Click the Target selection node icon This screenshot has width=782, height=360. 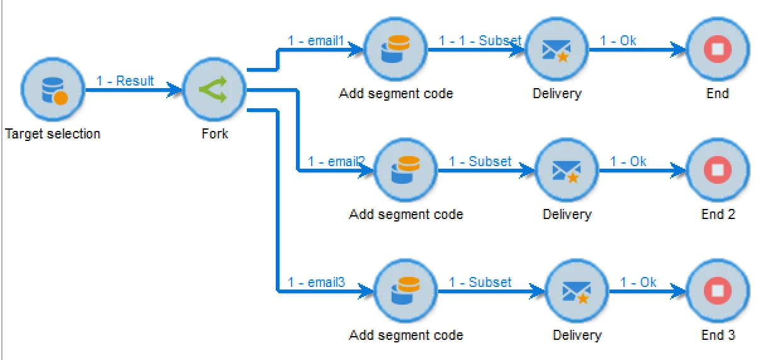[52, 90]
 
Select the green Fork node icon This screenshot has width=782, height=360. [214, 90]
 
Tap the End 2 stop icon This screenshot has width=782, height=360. [717, 170]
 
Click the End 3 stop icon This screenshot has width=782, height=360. [717, 291]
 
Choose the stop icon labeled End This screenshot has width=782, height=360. [717, 49]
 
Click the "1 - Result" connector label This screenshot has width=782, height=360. [125, 81]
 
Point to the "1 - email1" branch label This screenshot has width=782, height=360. [316, 41]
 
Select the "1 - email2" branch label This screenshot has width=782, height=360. [336, 162]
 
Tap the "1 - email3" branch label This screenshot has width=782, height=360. [316, 283]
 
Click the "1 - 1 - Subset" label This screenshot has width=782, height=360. [480, 41]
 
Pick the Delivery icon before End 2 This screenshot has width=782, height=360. [566, 170]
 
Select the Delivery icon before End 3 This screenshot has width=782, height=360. [576, 291]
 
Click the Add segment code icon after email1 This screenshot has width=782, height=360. [395, 49]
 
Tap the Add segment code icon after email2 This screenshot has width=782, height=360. [405, 170]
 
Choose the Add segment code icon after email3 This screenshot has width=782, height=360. [405, 291]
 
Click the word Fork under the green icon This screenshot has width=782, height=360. [214, 134]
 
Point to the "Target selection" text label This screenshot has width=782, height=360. [52, 134]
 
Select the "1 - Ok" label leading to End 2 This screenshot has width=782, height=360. [628, 162]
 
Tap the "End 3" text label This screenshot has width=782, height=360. [718, 335]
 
